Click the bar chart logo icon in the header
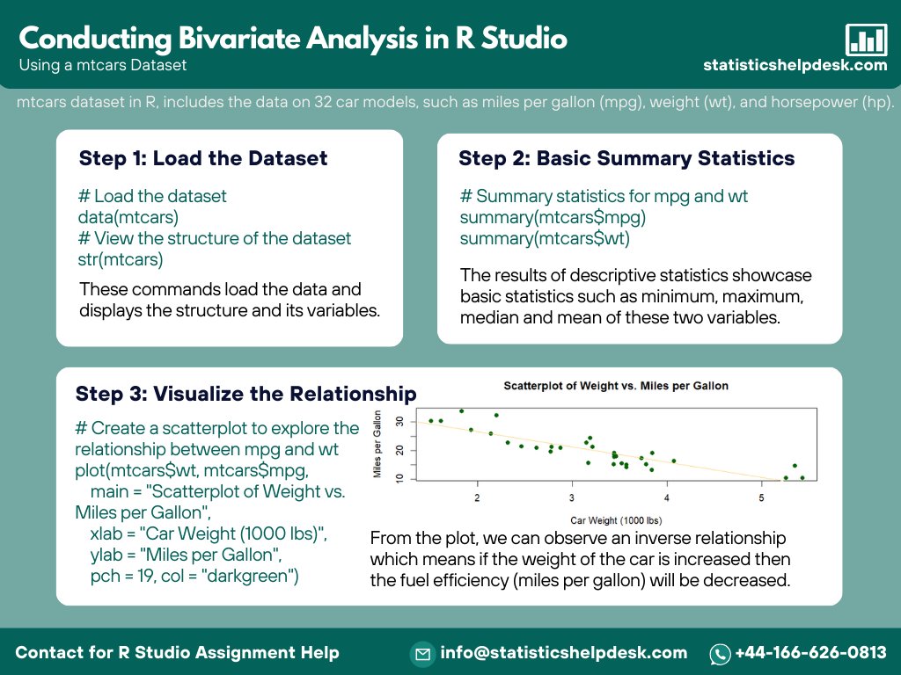point(866,40)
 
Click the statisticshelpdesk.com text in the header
point(795,65)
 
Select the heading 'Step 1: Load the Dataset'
point(203,158)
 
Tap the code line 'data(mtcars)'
point(128,217)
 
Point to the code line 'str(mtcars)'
point(121,259)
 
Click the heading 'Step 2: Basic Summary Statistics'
point(626,158)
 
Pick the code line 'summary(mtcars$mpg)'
point(553,217)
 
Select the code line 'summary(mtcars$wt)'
point(545,238)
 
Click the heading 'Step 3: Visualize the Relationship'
point(245,393)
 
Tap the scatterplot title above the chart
point(616,386)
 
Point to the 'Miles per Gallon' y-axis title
point(377,444)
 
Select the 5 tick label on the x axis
point(762,498)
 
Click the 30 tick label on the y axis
point(400,422)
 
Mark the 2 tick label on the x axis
point(478,498)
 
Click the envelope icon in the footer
point(423,653)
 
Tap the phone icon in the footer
point(721,653)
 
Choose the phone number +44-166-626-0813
point(810,652)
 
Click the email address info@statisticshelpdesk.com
point(564,652)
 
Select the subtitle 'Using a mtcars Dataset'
point(102,64)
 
